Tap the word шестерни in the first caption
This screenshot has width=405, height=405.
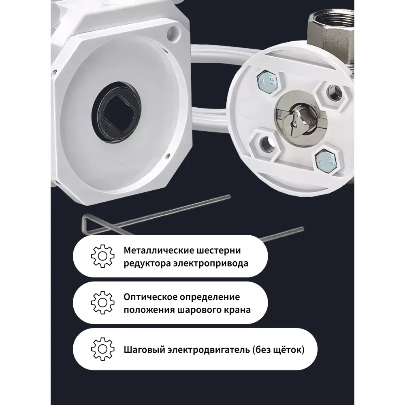223,251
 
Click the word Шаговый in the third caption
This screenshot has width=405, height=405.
140,349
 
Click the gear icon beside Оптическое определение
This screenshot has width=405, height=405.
100,303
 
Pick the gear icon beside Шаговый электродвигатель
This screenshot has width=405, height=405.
100,349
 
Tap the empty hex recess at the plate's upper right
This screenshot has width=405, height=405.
334,93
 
